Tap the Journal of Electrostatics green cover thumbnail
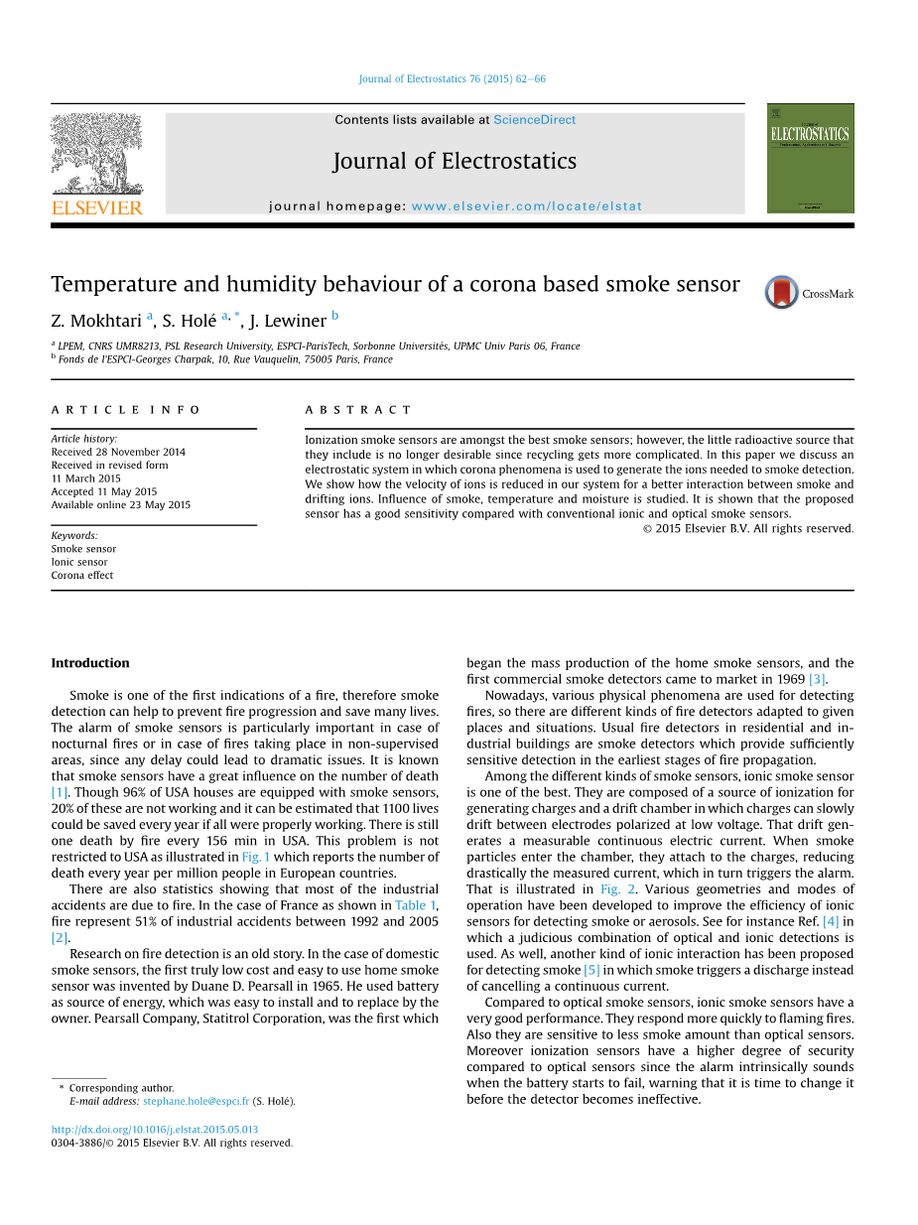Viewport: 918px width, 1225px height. tap(810, 158)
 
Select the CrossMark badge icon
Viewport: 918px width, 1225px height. tap(782, 293)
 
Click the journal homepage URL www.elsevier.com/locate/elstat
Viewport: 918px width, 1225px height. tap(526, 206)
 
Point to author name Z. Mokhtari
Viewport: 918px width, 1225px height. tap(96, 321)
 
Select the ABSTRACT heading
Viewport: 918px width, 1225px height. tap(357, 410)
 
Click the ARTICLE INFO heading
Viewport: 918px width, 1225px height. tap(126, 410)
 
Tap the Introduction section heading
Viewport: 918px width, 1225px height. tap(90, 663)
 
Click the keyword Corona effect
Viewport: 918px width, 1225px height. tap(82, 575)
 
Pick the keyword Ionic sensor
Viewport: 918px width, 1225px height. tap(79, 562)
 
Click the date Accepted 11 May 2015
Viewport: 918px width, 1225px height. tap(104, 491)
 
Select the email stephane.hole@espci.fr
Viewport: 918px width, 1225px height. tap(196, 1101)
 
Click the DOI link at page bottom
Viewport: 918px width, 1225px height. tap(154, 1130)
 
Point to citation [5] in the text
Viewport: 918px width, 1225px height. tap(591, 970)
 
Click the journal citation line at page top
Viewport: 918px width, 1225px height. tap(452, 79)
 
